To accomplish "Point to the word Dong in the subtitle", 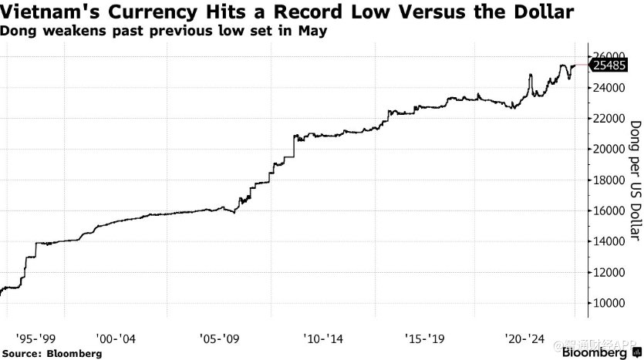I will (18, 32).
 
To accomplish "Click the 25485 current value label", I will (610, 66).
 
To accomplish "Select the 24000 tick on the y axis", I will (609, 88).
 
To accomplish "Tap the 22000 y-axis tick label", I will (609, 119).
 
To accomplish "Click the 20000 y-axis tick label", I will (609, 150).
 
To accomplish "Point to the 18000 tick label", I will (609, 180).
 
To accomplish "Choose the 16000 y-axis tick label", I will (609, 210).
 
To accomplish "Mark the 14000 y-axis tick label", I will (609, 241).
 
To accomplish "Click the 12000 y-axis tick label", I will (609, 272).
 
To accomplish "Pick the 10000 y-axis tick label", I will (609, 303).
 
